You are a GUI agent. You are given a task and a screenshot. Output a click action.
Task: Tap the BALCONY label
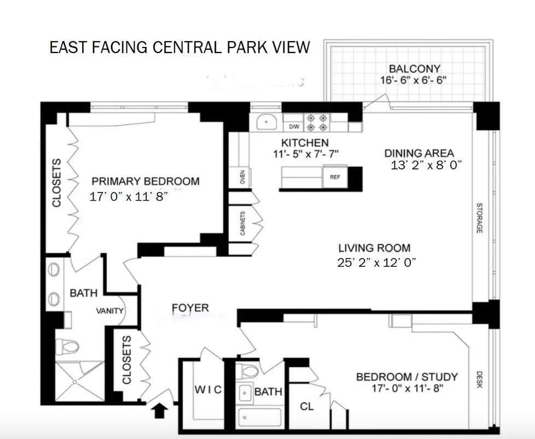[x=414, y=69]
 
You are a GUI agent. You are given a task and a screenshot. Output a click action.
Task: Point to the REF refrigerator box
[x=334, y=177]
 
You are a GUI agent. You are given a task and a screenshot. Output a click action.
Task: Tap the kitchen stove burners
[x=317, y=122]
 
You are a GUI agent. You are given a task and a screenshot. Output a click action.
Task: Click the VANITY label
[x=110, y=311]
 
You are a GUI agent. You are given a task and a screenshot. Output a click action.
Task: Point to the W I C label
[x=208, y=389]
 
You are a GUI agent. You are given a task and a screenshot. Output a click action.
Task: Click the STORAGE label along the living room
[x=479, y=218]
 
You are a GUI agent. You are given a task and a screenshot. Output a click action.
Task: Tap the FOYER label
[x=190, y=308]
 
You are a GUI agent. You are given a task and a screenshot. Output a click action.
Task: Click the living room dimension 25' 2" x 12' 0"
[x=377, y=262]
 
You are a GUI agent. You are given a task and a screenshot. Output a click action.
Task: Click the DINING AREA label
[x=419, y=153]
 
